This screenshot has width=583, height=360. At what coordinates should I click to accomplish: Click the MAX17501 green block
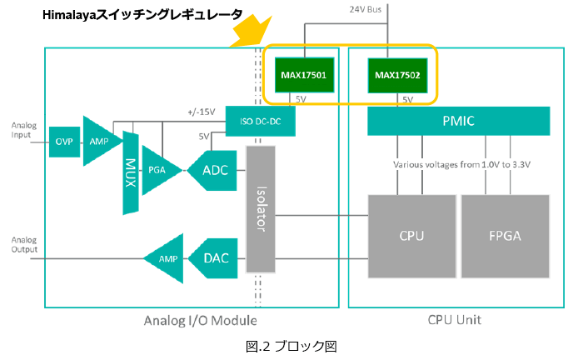(x=305, y=75)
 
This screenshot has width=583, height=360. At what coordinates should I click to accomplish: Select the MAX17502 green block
(x=397, y=75)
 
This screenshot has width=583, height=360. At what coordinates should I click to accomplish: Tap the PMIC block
(x=458, y=121)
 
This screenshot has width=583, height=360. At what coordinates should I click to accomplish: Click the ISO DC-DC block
(x=260, y=121)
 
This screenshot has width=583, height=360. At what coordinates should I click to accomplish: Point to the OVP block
(x=64, y=142)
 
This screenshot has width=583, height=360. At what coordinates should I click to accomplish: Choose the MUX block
(x=131, y=173)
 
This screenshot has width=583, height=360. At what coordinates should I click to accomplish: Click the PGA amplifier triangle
(x=161, y=170)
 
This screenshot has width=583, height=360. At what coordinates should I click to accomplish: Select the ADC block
(x=212, y=170)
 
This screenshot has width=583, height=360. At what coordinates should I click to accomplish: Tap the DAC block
(x=214, y=258)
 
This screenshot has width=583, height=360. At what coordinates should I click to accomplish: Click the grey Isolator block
(x=261, y=209)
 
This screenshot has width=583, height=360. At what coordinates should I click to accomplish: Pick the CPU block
(x=412, y=236)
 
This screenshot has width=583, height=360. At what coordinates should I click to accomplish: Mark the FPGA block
(x=506, y=236)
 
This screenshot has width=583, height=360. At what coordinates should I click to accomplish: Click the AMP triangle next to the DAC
(x=166, y=258)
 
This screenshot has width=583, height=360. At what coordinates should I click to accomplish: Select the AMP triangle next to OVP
(x=101, y=142)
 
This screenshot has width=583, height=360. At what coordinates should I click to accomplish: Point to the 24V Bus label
(x=365, y=9)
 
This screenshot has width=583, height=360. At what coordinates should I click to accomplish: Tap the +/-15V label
(x=202, y=112)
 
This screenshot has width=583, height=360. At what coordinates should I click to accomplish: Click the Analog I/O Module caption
(x=201, y=321)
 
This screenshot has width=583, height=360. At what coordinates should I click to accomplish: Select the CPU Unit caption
(x=455, y=320)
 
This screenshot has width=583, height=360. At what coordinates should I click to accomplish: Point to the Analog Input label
(x=24, y=130)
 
